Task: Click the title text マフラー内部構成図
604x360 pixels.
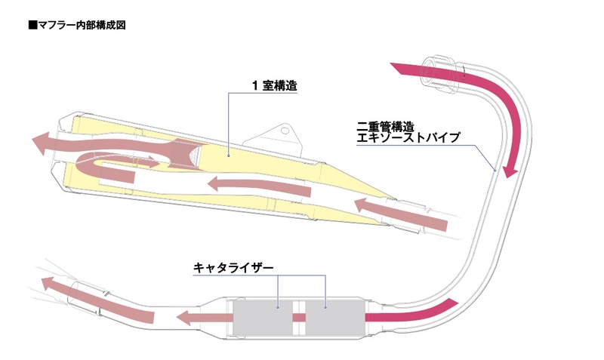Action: tap(81, 25)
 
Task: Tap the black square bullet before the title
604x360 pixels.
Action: tap(32, 25)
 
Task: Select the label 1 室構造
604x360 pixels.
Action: tap(274, 86)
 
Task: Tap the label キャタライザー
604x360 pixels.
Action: tap(231, 267)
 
